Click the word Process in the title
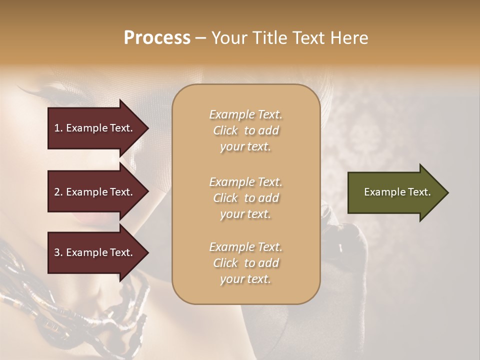tap(157, 38)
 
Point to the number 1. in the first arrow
tap(58, 128)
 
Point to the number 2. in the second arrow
tap(58, 192)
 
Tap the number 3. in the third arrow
tap(58, 252)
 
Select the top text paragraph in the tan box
tap(245, 130)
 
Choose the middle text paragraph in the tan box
tap(245, 198)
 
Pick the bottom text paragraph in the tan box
tap(245, 263)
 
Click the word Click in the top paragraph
tap(225, 131)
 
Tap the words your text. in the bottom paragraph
tap(245, 279)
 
